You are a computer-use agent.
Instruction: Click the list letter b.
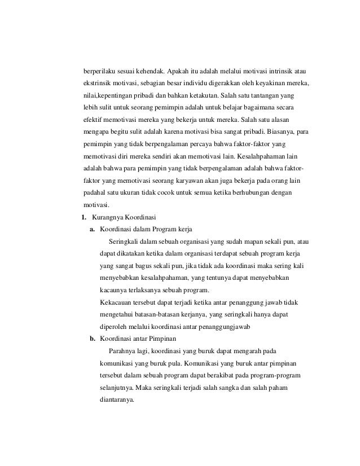pos(91,338)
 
